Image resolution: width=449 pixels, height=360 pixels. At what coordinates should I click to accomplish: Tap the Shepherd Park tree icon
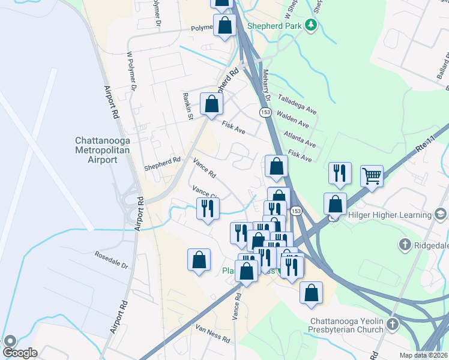coord(311,25)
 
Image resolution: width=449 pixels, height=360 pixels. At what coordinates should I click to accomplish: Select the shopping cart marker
coord(372,177)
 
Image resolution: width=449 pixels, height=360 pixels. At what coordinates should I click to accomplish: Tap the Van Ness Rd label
coord(212,333)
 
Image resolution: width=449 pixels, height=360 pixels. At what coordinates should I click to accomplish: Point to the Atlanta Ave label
coord(301,139)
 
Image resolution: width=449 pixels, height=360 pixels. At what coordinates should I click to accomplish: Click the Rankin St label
coord(187,107)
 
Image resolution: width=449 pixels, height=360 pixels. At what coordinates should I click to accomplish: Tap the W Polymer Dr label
coord(131,71)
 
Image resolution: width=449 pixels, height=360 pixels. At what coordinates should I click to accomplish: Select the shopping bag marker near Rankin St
coord(212,104)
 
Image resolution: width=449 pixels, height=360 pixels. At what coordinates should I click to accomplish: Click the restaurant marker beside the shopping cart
coord(340,173)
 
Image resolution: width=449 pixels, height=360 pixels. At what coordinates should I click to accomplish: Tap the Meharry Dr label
coord(267,85)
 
